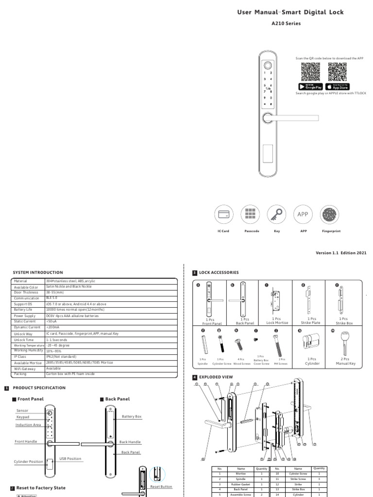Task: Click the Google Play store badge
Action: pos(310,86)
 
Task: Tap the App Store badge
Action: pos(338,86)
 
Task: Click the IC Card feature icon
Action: pos(223,215)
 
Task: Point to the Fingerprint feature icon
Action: pos(330,215)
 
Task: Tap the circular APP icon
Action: pos(303,215)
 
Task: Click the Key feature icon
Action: pos(277,215)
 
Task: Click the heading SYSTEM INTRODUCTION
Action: pos(38,273)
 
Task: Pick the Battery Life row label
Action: pos(23,310)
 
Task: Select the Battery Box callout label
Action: pos(132,416)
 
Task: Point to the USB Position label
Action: pos(70,458)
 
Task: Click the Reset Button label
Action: pos(161,486)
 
